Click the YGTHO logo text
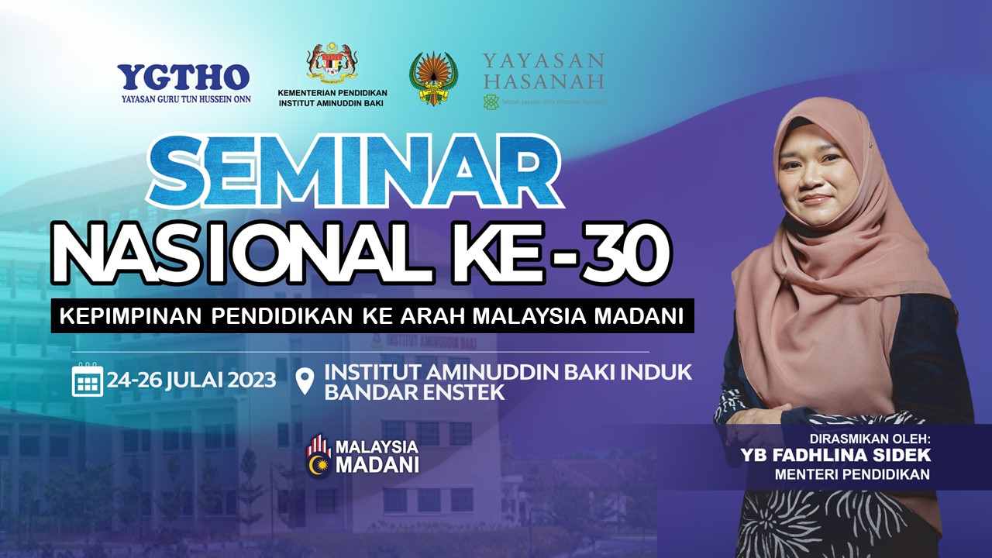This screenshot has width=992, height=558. pyautogui.click(x=184, y=77)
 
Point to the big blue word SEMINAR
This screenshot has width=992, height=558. pyautogui.click(x=353, y=171)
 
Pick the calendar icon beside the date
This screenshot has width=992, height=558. pyautogui.click(x=88, y=380)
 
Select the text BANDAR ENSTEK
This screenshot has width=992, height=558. pyautogui.click(x=414, y=392)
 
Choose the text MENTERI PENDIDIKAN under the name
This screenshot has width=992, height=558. pyautogui.click(x=852, y=474)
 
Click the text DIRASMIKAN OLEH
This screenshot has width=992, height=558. pyautogui.click(x=867, y=439)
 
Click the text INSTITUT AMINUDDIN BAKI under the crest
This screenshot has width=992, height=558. pyautogui.click(x=332, y=103)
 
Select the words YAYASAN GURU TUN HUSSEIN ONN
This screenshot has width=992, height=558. pyautogui.click(x=184, y=99)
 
